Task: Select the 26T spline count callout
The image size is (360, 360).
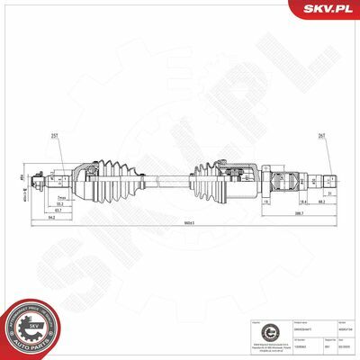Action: click(x=321, y=137)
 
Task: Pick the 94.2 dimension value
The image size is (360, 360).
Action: click(x=53, y=217)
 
